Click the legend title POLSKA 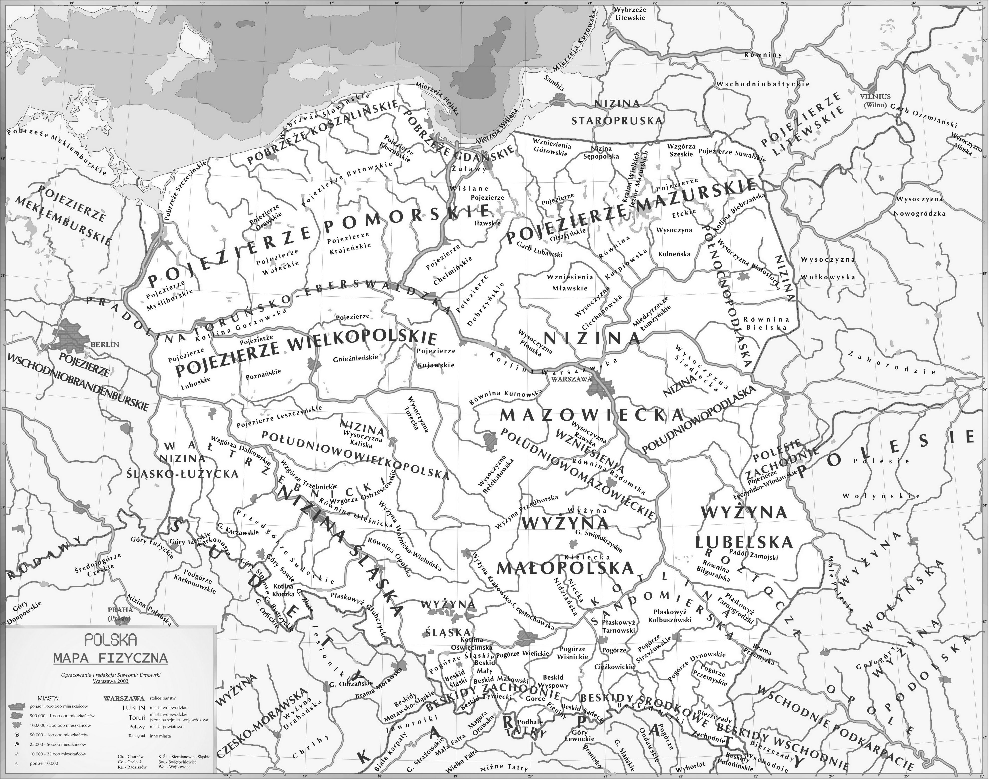[x=111, y=640]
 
